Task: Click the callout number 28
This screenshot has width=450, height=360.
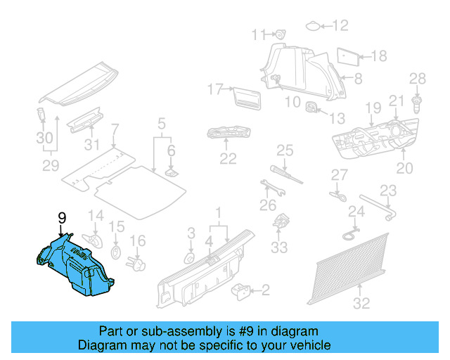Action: [418, 79]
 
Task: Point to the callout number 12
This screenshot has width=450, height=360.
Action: [340, 26]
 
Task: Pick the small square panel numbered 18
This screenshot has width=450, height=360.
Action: [348, 55]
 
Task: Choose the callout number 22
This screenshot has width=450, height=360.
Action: [227, 158]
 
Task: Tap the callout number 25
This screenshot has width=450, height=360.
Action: [284, 150]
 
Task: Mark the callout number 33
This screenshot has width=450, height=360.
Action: [279, 247]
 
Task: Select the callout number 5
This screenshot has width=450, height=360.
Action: [161, 125]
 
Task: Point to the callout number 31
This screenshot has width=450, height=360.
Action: [91, 146]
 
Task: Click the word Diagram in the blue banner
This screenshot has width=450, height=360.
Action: [103, 345]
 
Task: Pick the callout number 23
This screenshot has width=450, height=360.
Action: [388, 190]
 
